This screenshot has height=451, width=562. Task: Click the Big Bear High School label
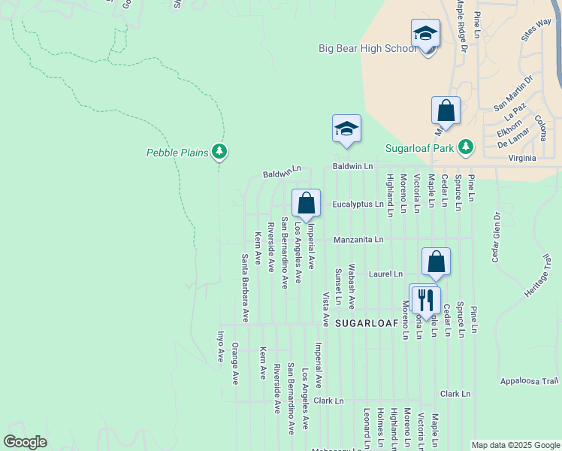pyautogui.click(x=367, y=48)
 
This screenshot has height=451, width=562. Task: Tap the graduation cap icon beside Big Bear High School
pyautogui.click(x=425, y=35)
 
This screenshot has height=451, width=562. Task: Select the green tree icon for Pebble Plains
pyautogui.click(x=219, y=153)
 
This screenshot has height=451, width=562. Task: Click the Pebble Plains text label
pyautogui.click(x=177, y=153)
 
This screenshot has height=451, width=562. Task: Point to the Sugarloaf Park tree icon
pyautogui.click(x=466, y=147)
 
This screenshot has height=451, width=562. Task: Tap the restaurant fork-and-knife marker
pyautogui.click(x=426, y=299)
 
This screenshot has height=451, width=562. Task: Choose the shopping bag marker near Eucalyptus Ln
pyautogui.click(x=306, y=203)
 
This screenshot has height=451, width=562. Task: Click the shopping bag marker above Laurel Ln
pyautogui.click(x=436, y=262)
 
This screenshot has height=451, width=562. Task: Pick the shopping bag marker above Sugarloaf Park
pyautogui.click(x=446, y=110)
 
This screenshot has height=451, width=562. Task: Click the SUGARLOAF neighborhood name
pyautogui.click(x=366, y=323)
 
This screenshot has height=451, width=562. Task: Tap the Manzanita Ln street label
pyautogui.click(x=359, y=240)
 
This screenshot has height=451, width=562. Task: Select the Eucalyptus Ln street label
pyautogui.click(x=358, y=204)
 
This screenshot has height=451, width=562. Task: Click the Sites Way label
pyautogui.click(x=536, y=31)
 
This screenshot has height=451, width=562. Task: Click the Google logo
pyautogui.click(x=25, y=442)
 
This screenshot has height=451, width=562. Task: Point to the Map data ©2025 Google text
pyautogui.click(x=515, y=445)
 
